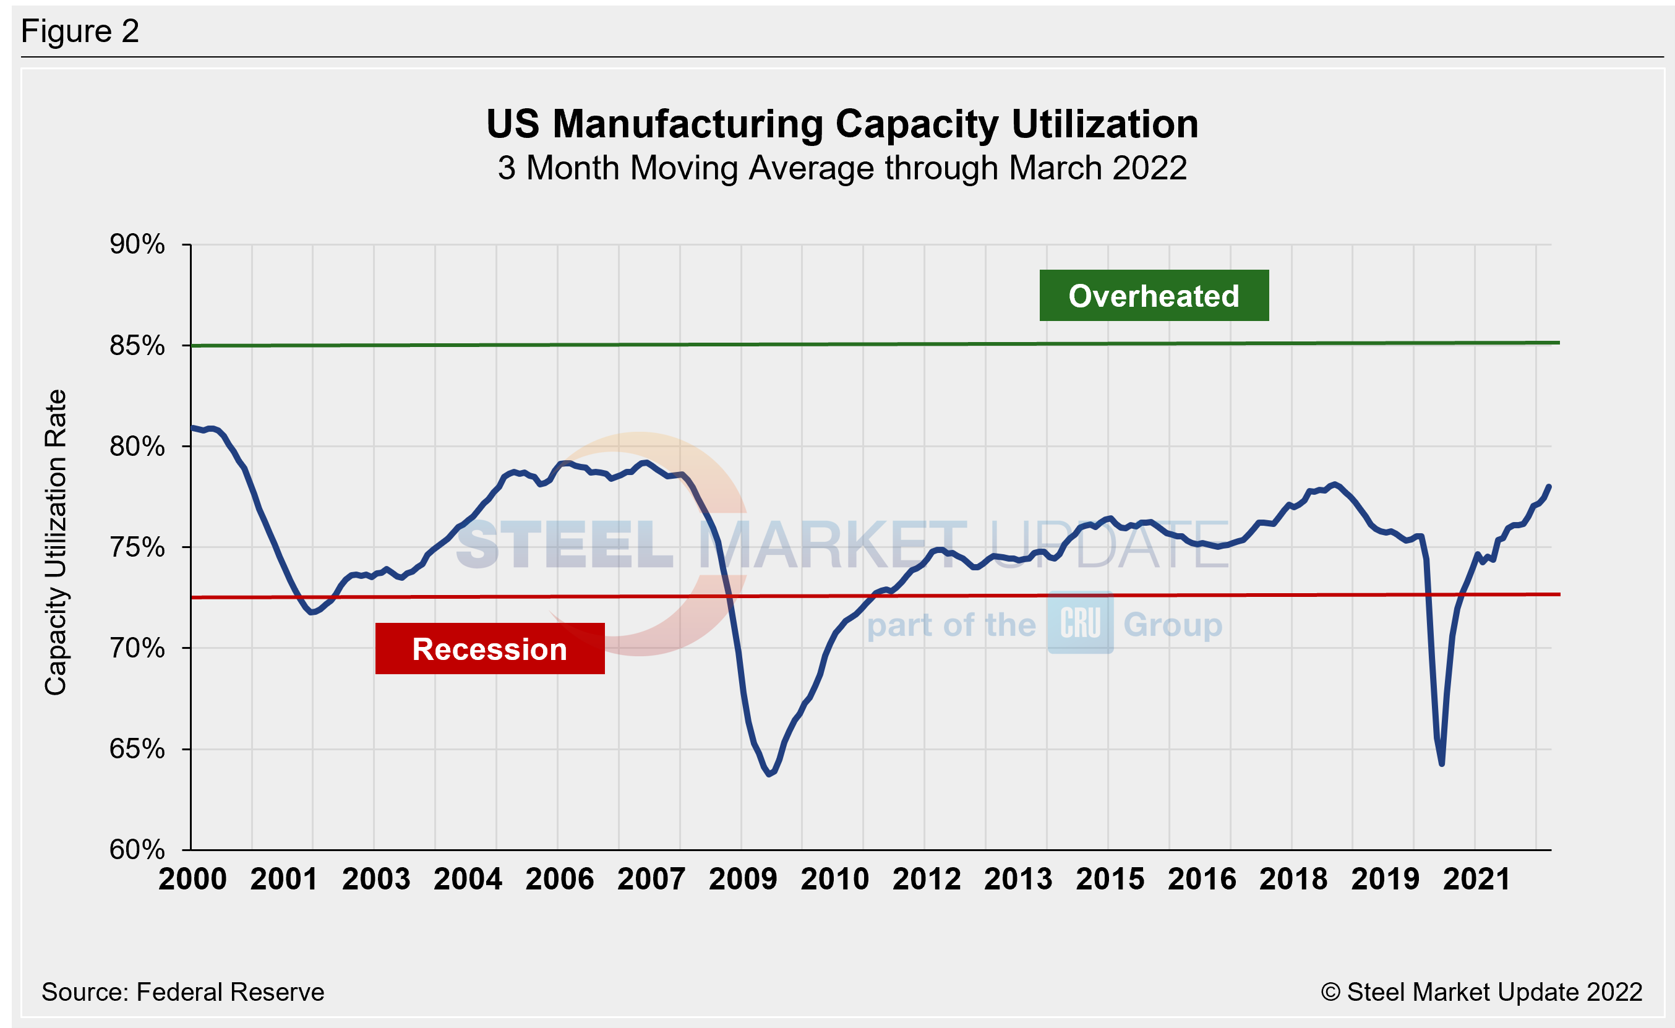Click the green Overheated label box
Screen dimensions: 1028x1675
(1154, 296)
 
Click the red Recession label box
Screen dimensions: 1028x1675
(489, 649)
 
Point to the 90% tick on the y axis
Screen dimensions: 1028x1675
(137, 244)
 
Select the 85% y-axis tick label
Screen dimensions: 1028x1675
(137, 345)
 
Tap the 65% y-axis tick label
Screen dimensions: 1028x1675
(137, 748)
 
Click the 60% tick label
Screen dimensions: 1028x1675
(137, 849)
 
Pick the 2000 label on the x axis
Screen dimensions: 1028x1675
(192, 879)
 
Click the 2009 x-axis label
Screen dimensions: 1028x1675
(742, 879)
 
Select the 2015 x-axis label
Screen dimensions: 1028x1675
(1110, 879)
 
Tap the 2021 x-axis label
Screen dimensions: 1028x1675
(1476, 879)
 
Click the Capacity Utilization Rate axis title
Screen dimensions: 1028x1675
(56, 542)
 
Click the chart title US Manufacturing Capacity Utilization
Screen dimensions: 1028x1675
(842, 124)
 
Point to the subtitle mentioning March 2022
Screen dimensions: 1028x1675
(842, 168)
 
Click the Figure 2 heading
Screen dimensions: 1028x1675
(80, 32)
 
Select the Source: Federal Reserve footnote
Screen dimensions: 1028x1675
(183, 992)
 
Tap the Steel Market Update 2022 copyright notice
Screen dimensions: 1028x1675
(1481, 992)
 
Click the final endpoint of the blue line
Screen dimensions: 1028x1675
(1549, 486)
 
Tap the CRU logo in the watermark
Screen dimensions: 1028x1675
(1080, 623)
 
